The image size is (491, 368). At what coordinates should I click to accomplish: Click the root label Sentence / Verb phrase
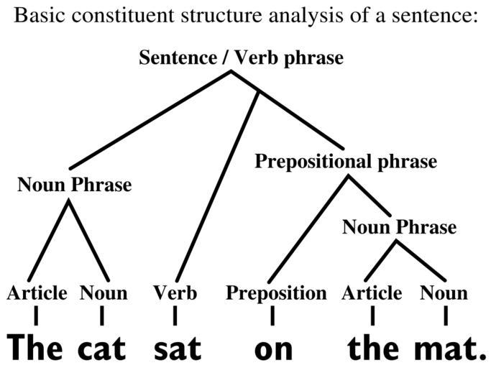coord(241,58)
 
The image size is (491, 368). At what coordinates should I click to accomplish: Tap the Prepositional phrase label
coord(346,162)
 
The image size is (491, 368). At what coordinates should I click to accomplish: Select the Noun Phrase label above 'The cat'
coord(75,185)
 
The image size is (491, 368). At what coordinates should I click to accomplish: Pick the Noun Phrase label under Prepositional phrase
coord(399,226)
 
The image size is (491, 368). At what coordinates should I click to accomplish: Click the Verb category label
coord(175,293)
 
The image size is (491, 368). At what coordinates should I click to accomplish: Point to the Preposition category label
coord(276,294)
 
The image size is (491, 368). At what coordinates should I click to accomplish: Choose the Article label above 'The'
coord(37,293)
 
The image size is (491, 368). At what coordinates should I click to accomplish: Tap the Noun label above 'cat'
coord(104,293)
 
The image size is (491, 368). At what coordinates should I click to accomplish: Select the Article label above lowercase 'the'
coord(372,293)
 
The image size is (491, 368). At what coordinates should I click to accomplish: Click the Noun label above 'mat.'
coord(444,293)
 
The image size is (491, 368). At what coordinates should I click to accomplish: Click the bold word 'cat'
coord(101,349)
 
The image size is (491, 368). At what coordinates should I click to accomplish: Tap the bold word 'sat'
coord(178,349)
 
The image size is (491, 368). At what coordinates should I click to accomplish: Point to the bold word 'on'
coord(274,350)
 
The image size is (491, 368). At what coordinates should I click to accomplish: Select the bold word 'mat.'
coord(450,349)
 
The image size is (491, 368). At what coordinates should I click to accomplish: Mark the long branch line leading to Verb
coord(217,187)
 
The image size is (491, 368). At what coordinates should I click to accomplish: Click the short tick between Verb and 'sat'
coord(175,316)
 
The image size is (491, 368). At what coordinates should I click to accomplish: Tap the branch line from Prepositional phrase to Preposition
coord(308,229)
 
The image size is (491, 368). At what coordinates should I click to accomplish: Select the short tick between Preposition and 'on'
coord(272,316)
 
